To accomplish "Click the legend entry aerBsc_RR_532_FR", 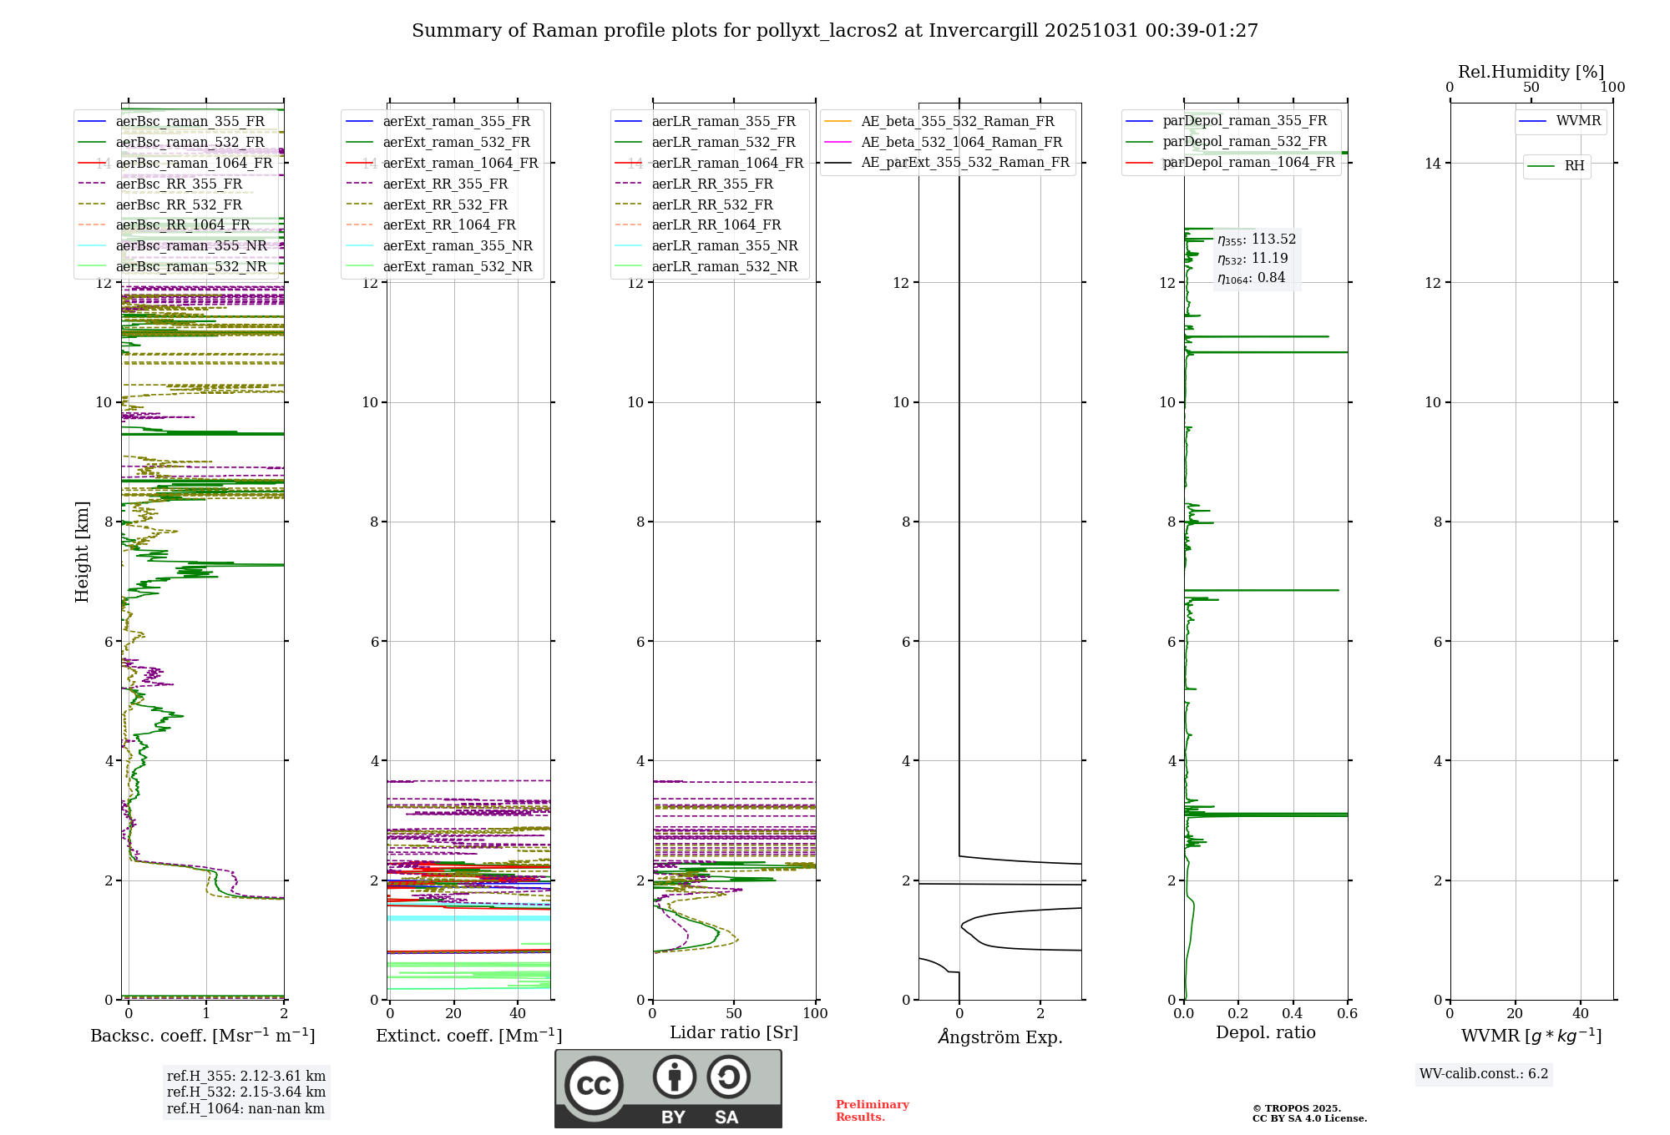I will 179,204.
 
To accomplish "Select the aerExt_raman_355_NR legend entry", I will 458,245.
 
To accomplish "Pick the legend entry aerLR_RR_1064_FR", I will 716,224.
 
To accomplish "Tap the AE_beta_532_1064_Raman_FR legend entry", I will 961,142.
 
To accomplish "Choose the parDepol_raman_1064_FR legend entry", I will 1248,162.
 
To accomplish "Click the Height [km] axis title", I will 82,552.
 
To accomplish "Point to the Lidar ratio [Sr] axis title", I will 734,1032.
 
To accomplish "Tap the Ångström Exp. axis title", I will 1000,1037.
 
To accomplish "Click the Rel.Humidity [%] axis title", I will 1531,72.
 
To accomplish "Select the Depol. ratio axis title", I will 1265,1032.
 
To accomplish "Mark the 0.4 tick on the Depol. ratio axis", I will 1293,1014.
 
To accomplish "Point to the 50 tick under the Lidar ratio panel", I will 734,1014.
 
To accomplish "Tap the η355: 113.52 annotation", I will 1257,240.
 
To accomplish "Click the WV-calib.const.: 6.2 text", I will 1484,1074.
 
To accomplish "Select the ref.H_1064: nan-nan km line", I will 245,1109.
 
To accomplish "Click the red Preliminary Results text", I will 872,1111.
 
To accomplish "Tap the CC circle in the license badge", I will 594,1086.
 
